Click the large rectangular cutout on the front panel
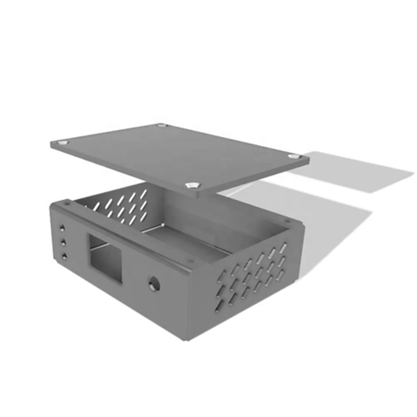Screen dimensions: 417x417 click(x=105, y=259)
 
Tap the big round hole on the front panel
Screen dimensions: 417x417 click(x=154, y=284)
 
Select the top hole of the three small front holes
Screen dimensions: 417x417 click(x=62, y=228)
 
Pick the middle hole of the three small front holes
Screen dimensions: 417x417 click(x=63, y=241)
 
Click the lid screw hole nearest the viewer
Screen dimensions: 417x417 click(x=193, y=185)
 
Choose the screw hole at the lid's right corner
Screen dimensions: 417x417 click(x=295, y=157)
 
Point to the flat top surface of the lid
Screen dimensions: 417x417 click(x=175, y=154)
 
